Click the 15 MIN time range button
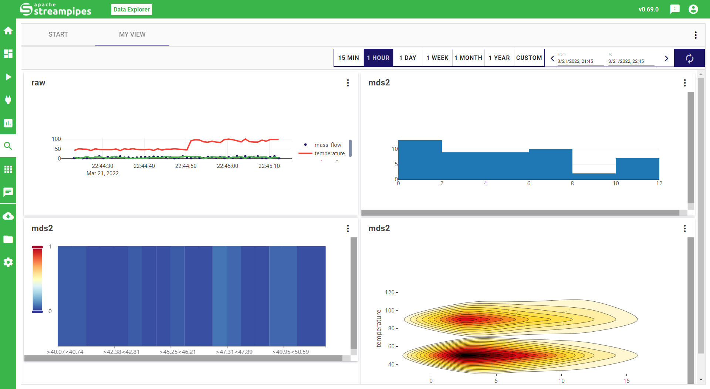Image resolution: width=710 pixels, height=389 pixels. click(x=348, y=58)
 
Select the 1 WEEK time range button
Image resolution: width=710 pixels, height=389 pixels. click(x=437, y=58)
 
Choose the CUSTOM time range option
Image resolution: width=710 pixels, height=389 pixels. click(x=529, y=58)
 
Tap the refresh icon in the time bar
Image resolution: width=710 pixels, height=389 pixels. click(x=689, y=58)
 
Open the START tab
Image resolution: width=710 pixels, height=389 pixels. click(x=58, y=34)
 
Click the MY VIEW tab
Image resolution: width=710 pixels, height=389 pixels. click(x=132, y=34)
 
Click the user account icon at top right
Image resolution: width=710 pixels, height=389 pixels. click(x=693, y=9)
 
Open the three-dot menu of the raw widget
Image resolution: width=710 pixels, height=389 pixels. click(x=348, y=83)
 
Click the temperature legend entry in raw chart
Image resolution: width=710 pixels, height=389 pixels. click(x=329, y=153)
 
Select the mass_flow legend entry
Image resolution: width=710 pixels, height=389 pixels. click(x=328, y=145)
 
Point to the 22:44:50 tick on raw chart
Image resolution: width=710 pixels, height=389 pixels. click(x=186, y=166)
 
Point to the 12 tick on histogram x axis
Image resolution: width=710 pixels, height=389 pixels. click(x=659, y=183)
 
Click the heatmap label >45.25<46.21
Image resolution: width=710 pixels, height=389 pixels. click(x=177, y=352)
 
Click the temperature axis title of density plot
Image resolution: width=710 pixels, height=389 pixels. click(x=378, y=328)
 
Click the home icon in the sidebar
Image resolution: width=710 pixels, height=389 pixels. click(x=8, y=31)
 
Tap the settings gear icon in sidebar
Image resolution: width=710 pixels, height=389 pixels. click(x=8, y=262)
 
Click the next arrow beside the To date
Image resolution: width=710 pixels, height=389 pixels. click(x=666, y=58)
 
